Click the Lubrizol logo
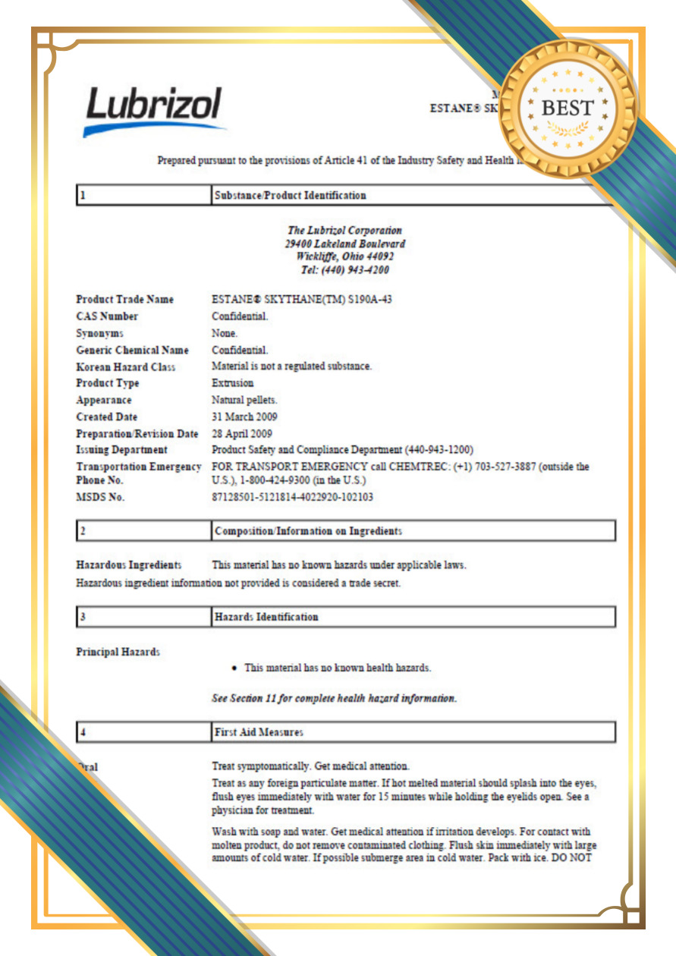pos(154,111)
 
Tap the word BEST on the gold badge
pos(568,108)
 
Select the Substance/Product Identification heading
pos(291,196)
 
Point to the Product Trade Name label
pos(124,300)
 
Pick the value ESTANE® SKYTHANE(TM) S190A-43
pos(302,300)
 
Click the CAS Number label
pos(107,316)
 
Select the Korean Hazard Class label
pos(126,367)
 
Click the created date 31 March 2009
pos(244,417)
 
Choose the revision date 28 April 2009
pos(242,434)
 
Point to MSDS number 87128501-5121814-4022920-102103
pos(292,498)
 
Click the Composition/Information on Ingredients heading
pos(308,531)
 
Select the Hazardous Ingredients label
pos(129,565)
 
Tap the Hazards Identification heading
pos(266,617)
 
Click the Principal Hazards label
pos(118,653)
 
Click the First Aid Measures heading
pos(259,732)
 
